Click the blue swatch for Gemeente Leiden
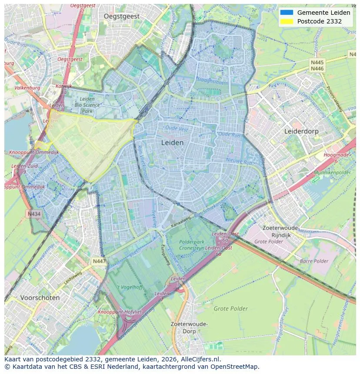287,13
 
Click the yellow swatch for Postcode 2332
287,21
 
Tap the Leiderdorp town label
301,131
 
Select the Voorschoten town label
40,298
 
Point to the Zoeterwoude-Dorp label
189,328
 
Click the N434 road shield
34,214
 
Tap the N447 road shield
99,261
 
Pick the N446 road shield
317,69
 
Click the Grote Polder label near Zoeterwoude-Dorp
230,309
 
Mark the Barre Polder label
314,261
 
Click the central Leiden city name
172,142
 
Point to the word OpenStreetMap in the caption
234,367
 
